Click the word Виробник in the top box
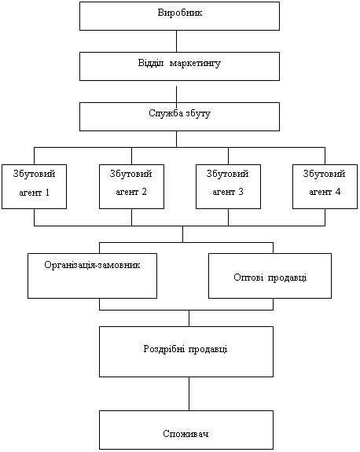point(180,13)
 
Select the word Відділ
point(151,63)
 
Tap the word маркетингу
point(195,64)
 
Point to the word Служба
point(166,113)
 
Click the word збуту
point(198,113)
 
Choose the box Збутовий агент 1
point(35,186)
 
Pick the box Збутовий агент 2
point(132,186)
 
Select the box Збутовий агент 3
point(228,186)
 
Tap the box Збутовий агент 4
point(325,186)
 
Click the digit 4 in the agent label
point(337,192)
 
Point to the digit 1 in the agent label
point(47,193)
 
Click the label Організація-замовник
point(92,265)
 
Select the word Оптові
point(248,277)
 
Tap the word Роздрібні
point(163,349)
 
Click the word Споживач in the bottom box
point(186,434)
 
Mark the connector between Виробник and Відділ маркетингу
point(176,41)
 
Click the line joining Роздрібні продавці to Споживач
point(189,394)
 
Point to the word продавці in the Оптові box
point(288,278)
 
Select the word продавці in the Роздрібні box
point(208,349)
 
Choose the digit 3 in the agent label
point(241,192)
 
